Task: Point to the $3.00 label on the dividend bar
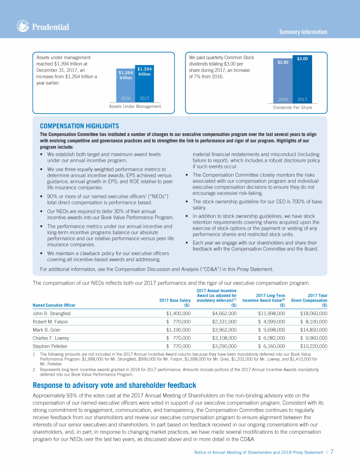(302, 59)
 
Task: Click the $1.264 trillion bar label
(126, 75)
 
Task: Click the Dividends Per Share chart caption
(292, 108)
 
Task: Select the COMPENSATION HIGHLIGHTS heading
(80, 126)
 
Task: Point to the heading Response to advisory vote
(114, 386)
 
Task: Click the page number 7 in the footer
(331, 452)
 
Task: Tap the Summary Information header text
(303, 32)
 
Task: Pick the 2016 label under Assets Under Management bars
(126, 98)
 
